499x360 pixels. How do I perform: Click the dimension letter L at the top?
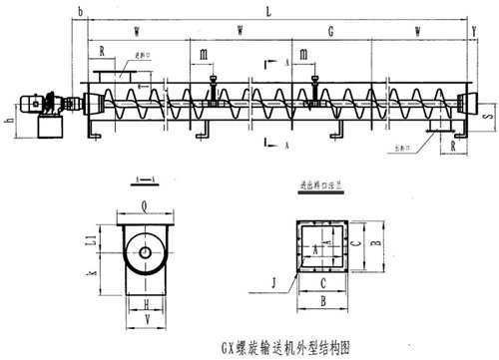(x=267, y=10)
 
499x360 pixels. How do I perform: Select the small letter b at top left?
(x=79, y=11)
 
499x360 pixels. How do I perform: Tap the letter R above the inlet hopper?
(x=102, y=50)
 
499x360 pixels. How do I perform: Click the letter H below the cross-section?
(x=146, y=303)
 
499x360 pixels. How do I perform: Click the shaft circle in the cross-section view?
(x=146, y=253)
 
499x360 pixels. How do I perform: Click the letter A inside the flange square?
(x=318, y=243)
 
